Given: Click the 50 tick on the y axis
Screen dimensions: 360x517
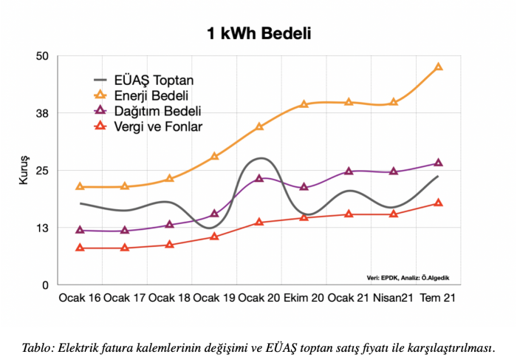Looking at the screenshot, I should (42, 56).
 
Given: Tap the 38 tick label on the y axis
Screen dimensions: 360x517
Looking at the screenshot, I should (42, 113).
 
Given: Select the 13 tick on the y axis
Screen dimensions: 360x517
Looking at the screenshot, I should (42, 228).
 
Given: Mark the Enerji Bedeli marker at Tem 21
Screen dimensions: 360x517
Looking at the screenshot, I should (439, 67).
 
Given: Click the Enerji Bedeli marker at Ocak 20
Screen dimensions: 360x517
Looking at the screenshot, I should (259, 126).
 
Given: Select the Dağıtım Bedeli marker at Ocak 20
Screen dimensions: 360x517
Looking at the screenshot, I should (259, 178).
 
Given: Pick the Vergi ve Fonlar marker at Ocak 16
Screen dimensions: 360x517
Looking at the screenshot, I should (80, 248).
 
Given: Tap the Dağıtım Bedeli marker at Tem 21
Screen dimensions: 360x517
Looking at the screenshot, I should (439, 163).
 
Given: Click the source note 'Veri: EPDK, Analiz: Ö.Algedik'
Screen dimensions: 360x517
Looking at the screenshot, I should (408, 277).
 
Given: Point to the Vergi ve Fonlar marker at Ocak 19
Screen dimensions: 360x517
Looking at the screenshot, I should (214, 237).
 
